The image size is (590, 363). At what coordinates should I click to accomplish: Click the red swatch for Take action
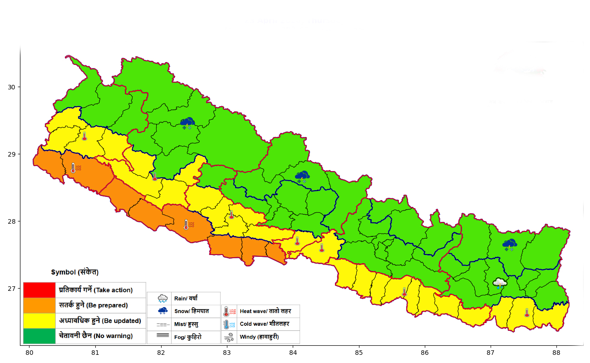tap(39, 290)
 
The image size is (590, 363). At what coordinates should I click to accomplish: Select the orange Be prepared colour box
tap(39, 305)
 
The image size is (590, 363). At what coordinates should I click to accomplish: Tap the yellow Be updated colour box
tap(39, 321)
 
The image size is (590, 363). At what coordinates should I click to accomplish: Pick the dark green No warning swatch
tap(39, 336)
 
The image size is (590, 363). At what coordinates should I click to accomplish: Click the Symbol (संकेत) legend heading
tap(74, 272)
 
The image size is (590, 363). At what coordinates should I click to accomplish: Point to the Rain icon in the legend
tap(162, 299)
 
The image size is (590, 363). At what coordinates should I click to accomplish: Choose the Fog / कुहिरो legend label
tap(188, 337)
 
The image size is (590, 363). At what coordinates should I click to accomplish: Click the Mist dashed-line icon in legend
tap(162, 324)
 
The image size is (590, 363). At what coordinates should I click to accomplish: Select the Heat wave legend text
tap(265, 311)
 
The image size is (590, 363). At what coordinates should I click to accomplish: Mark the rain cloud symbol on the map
tap(500, 284)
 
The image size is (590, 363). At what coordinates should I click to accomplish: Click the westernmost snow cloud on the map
tap(187, 123)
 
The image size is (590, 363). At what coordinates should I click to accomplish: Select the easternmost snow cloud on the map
tap(509, 245)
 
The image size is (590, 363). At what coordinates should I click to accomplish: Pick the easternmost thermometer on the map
tap(526, 313)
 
